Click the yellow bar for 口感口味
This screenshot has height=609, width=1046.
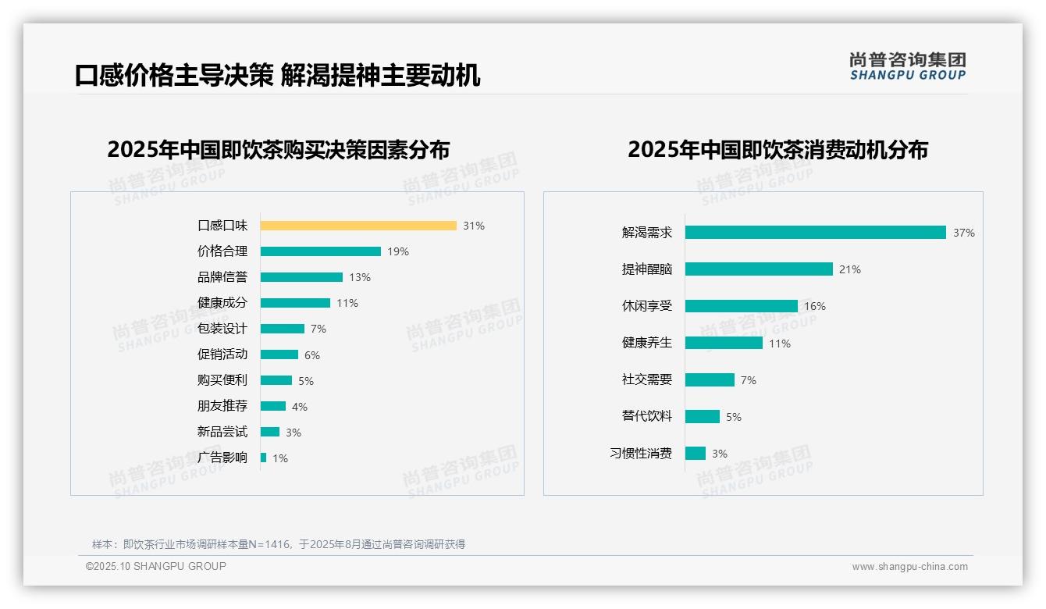358,226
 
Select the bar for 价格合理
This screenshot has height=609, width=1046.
321,251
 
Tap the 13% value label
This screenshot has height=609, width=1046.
360,277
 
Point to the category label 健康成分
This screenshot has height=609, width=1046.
222,303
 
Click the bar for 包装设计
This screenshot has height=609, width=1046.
283,329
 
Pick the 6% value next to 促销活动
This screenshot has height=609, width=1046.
312,355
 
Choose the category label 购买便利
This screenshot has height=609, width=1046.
222,380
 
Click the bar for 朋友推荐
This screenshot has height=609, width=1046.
273,406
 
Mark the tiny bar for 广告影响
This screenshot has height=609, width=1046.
264,458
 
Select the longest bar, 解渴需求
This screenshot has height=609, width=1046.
816,233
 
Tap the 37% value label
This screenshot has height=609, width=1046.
964,233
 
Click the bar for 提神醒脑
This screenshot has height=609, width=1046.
759,269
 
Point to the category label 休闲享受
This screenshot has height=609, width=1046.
647,306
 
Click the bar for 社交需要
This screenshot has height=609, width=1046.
710,379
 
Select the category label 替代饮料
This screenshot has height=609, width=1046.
647,416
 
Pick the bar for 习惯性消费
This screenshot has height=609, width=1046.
696,454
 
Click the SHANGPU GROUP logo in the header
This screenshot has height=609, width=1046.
908,66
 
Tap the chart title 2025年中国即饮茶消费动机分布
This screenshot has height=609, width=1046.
777,150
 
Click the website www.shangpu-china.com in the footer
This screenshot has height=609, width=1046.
909,567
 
